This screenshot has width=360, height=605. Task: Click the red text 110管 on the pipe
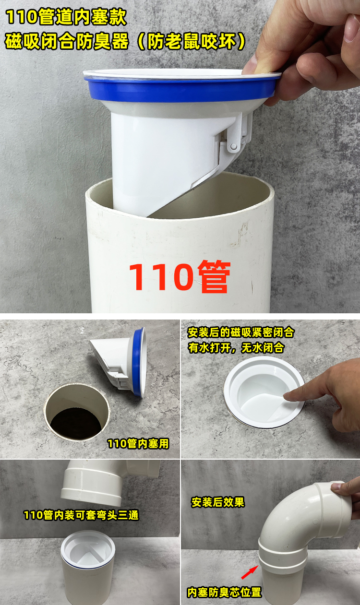[x=180, y=277]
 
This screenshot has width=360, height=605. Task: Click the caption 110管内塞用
[x=138, y=444]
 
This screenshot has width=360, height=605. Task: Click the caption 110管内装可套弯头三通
[x=81, y=515]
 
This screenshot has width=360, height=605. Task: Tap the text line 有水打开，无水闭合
[x=236, y=348]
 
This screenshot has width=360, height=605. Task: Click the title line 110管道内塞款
[x=66, y=17]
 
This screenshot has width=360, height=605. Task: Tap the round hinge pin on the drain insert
[x=233, y=147]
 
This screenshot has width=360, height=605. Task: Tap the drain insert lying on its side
[x=119, y=362]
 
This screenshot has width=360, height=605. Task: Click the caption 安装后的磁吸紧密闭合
[x=241, y=332]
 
